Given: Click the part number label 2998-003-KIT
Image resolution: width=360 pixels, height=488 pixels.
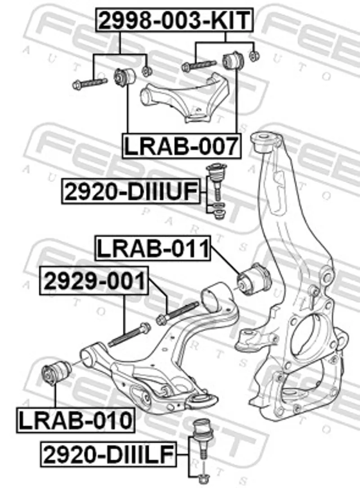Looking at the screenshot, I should click(174, 20).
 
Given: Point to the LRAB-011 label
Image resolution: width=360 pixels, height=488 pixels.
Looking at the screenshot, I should click(153, 249).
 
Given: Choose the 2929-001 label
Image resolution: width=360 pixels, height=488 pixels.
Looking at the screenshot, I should click(94, 282).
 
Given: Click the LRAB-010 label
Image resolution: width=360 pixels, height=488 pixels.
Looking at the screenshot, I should click(76, 420).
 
